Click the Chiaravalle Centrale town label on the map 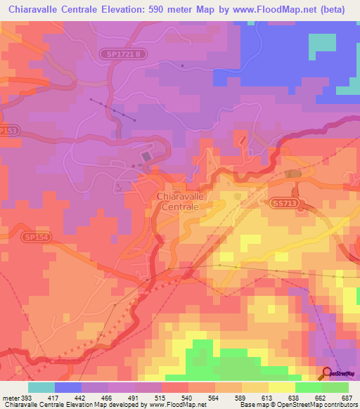coord(181,202)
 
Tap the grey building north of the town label coord(146,156)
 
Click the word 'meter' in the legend coord(10,397)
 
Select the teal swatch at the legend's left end coord(41,387)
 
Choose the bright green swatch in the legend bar coord(309,387)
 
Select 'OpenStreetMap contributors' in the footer coord(320,405)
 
